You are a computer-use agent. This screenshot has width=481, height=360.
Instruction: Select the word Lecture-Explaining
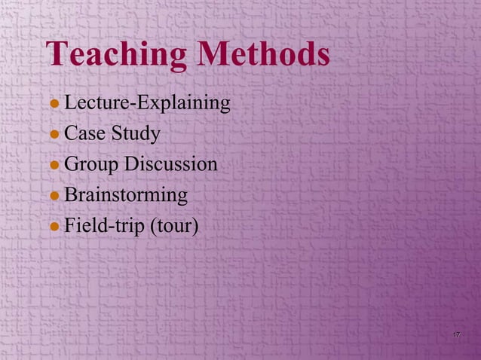[x=147, y=103]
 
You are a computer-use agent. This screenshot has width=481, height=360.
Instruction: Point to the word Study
[x=135, y=136]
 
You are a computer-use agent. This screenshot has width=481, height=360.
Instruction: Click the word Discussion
[x=170, y=164]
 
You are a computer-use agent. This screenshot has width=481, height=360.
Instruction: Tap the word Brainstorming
[x=126, y=197]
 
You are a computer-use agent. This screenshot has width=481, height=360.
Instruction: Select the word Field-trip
[x=106, y=227]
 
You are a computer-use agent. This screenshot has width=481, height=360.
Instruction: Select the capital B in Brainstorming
[x=70, y=195]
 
